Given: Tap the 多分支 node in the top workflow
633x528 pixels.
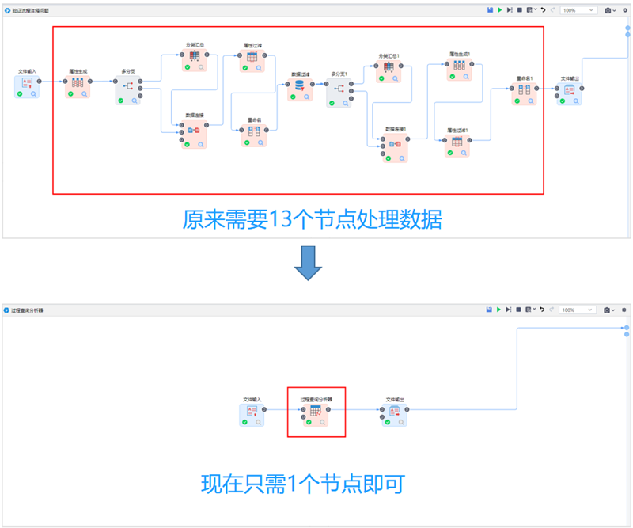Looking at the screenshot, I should tap(127, 90).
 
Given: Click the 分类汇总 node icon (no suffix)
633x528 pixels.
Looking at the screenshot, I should tap(194, 58).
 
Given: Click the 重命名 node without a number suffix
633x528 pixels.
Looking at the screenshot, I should tap(254, 132).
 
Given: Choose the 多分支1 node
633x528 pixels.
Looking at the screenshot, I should tap(339, 90).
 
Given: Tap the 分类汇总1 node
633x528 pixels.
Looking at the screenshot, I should tap(389, 70).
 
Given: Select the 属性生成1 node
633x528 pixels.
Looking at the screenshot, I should tap(459, 68).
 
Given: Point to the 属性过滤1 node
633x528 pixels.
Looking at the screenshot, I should tap(457, 143).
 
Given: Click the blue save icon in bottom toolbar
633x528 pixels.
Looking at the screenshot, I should tap(491, 310).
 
